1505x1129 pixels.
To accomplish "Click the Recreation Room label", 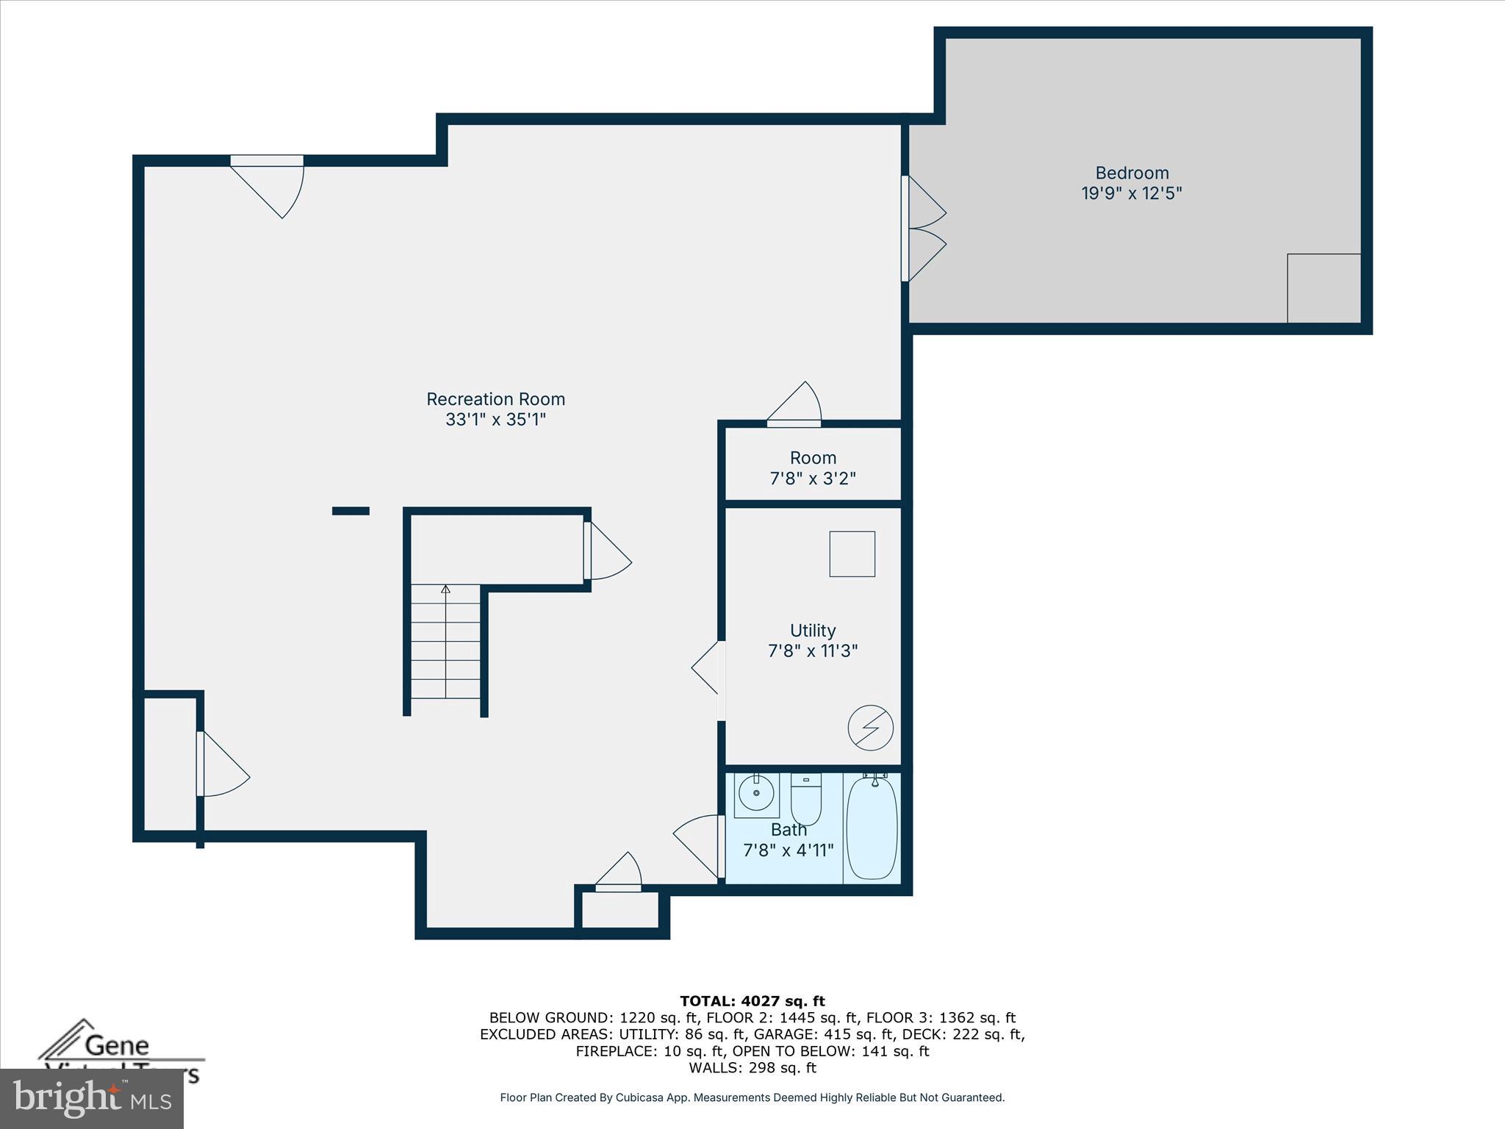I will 495,399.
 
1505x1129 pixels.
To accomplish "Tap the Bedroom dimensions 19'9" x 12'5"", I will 1131,193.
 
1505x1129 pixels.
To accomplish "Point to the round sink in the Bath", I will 756,794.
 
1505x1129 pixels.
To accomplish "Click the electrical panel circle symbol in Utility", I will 870,728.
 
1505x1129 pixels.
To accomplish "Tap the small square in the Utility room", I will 852,554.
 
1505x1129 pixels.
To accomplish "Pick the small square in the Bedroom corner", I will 1323,288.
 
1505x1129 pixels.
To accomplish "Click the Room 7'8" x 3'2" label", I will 813,467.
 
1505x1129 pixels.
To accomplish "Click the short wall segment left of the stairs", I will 351,511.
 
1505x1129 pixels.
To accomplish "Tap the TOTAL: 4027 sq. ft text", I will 752,1001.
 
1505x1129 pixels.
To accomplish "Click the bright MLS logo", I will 92,1098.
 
